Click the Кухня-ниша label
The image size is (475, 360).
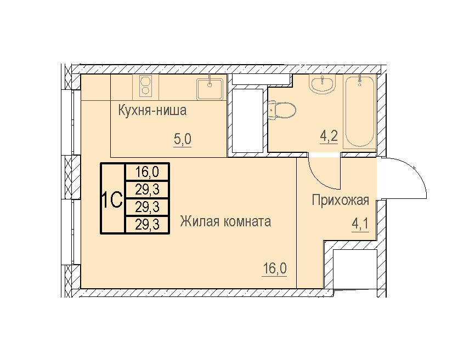tap(152, 111)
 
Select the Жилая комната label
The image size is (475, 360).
tap(225, 221)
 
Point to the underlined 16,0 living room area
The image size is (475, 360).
tap(274, 268)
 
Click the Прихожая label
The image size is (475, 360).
tap(341, 200)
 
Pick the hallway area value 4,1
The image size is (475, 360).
tap(360, 224)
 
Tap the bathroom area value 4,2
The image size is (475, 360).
tap(329, 136)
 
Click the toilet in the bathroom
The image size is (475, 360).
tap(282, 110)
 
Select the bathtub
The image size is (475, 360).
tap(360, 112)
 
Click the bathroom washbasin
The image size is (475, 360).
tap(322, 83)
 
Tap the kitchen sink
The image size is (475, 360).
tap(210, 89)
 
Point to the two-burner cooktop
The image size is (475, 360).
tap(145, 86)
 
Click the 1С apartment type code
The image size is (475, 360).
tap(112, 199)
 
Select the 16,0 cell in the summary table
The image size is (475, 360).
tap(147, 172)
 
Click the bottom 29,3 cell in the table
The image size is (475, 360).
tap(147, 225)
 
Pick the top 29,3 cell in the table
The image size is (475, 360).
tap(147, 190)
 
